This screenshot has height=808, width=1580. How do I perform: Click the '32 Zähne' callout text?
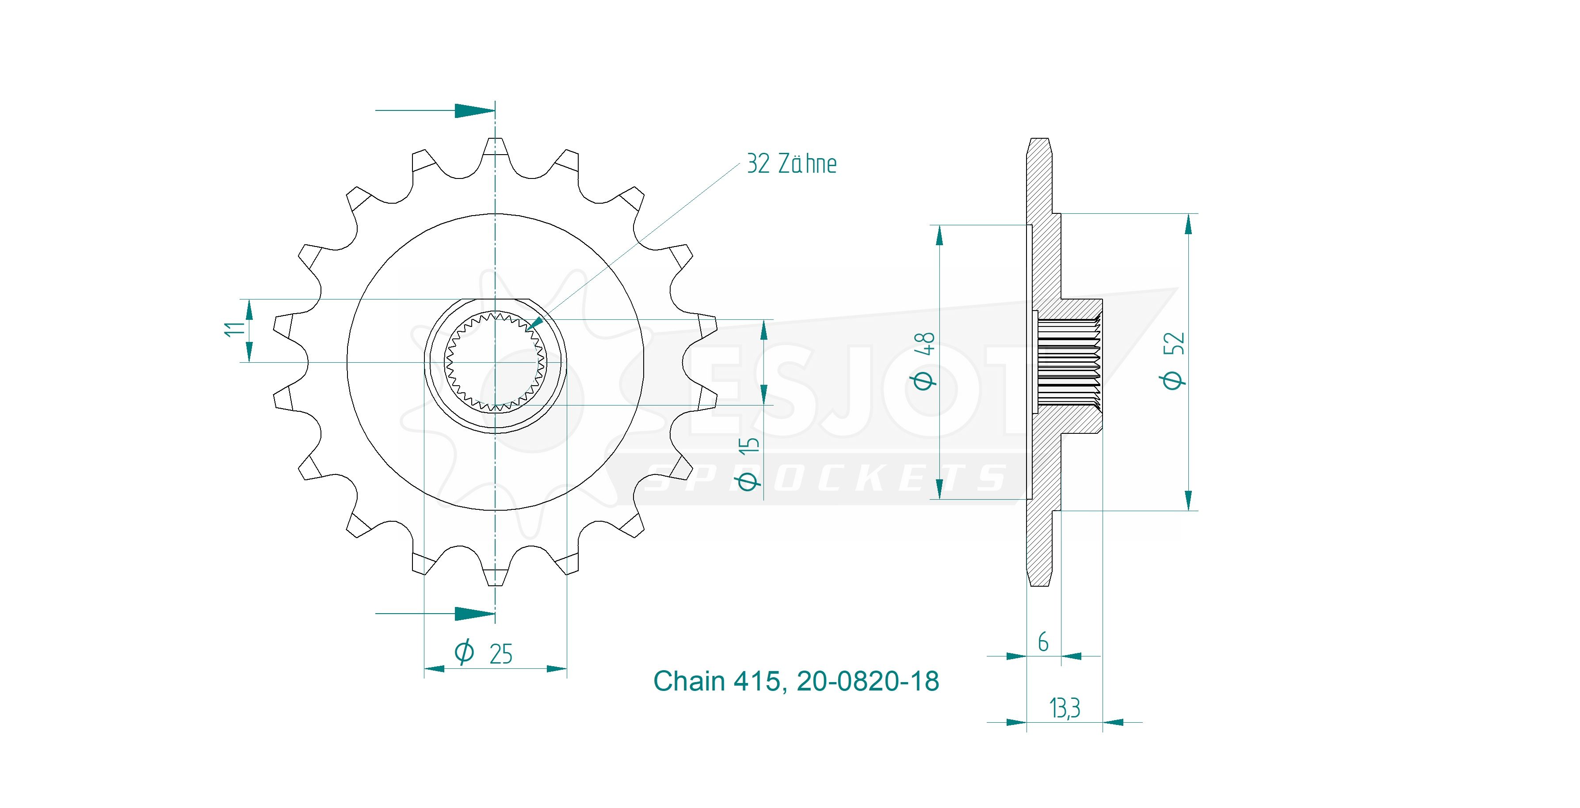pos(791,164)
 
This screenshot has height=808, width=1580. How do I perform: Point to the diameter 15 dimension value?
pos(748,463)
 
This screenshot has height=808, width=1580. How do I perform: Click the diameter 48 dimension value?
pos(925,360)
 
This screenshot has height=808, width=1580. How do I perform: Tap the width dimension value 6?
pos(1043,642)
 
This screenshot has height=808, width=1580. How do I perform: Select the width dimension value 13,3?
pos(1065,708)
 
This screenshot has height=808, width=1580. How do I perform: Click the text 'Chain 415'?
pos(717,681)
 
